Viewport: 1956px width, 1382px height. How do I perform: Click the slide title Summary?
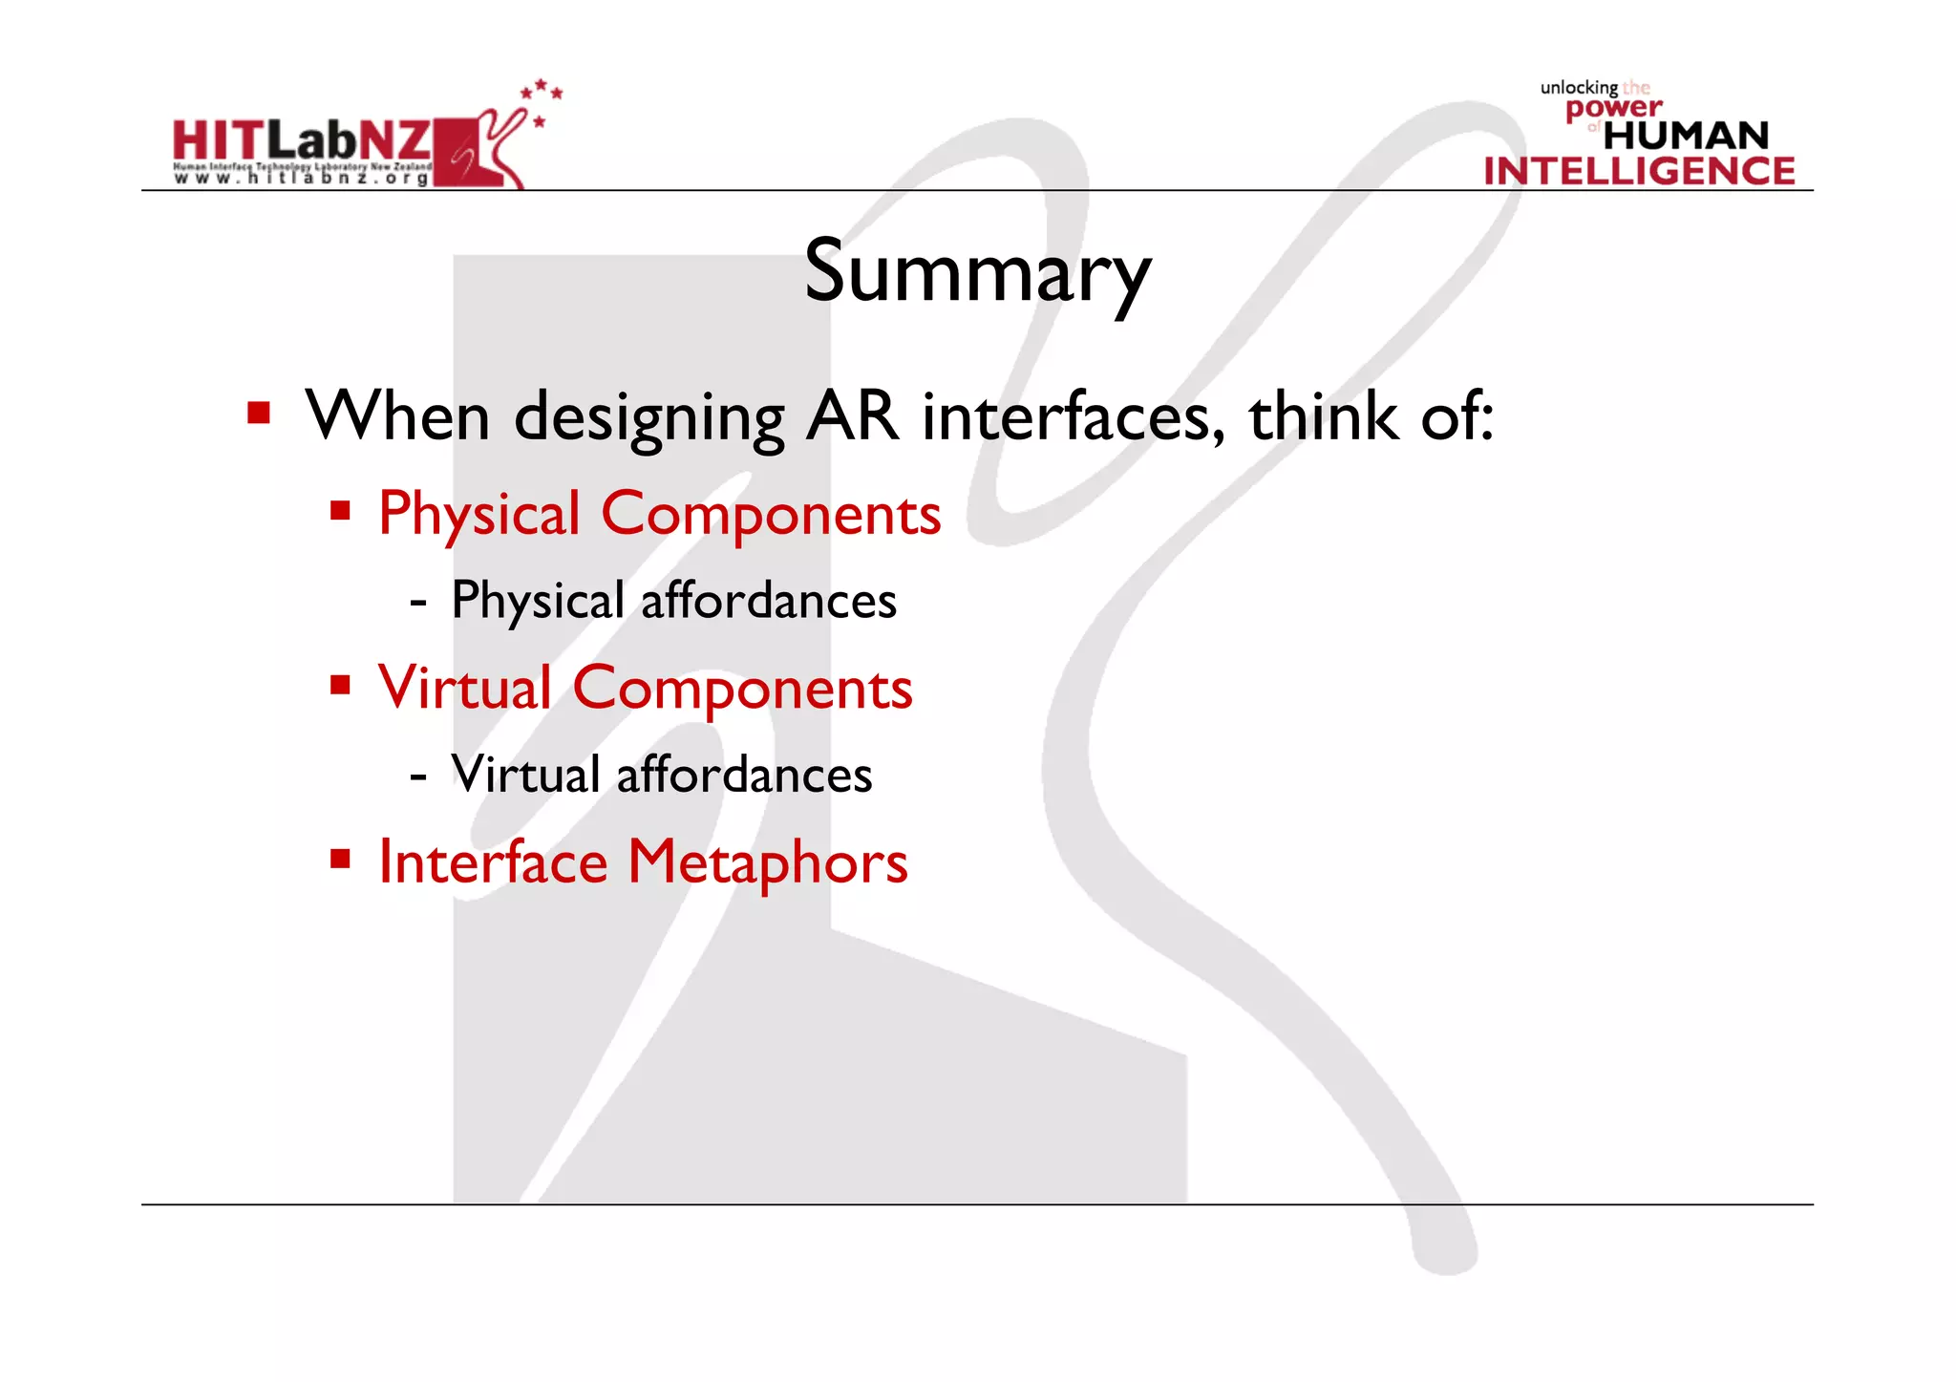977,272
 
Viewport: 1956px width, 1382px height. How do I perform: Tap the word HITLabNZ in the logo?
302,141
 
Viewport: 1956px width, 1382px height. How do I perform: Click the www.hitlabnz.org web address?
302,178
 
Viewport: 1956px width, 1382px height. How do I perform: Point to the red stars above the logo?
542,93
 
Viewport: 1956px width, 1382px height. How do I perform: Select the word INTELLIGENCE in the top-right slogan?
1639,171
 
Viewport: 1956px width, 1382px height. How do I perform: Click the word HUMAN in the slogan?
1686,136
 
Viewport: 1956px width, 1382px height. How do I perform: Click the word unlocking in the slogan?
1578,88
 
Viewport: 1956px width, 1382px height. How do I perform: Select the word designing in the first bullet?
649,418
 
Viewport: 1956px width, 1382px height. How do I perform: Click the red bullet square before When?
259,414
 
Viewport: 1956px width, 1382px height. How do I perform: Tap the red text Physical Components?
659,515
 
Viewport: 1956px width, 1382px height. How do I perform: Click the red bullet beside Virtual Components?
340,685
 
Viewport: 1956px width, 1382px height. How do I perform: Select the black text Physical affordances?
673,601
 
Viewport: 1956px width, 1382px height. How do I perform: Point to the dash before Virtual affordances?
417,776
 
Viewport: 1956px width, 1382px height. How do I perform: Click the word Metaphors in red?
767,863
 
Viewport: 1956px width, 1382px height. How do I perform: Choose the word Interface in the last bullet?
493,861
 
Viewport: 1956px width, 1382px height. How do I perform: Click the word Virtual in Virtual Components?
465,688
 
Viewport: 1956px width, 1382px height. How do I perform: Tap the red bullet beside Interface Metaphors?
340,859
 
